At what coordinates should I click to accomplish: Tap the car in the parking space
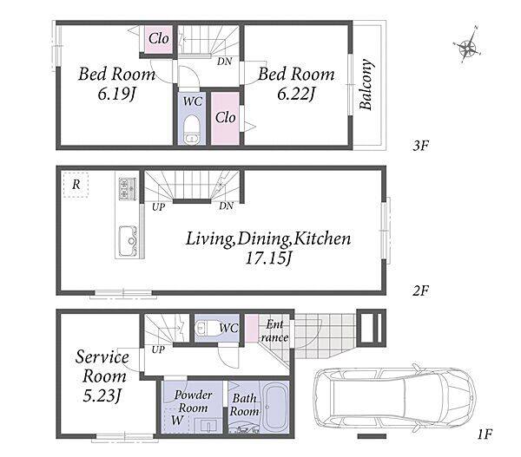coord(394,398)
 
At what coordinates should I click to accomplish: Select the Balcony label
coord(366,84)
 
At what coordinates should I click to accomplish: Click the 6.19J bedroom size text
coord(116,95)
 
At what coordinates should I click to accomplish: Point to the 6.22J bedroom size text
coord(296,95)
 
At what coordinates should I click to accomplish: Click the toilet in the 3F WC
coord(192,130)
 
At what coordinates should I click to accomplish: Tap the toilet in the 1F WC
coord(207,328)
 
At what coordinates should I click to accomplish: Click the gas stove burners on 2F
coord(128,188)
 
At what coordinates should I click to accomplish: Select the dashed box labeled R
coord(76,185)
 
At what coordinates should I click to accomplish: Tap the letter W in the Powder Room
coord(177,421)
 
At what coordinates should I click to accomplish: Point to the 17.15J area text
coord(267,259)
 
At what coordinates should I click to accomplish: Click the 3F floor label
coord(420,146)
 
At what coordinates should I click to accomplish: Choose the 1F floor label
coord(485,434)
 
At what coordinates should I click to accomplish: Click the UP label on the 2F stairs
coord(158,207)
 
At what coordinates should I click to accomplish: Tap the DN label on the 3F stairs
coord(224,61)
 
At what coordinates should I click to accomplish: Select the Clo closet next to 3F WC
coord(225,117)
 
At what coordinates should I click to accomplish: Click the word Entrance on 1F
coord(274,331)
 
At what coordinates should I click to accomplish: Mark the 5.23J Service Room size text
coord(102,395)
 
